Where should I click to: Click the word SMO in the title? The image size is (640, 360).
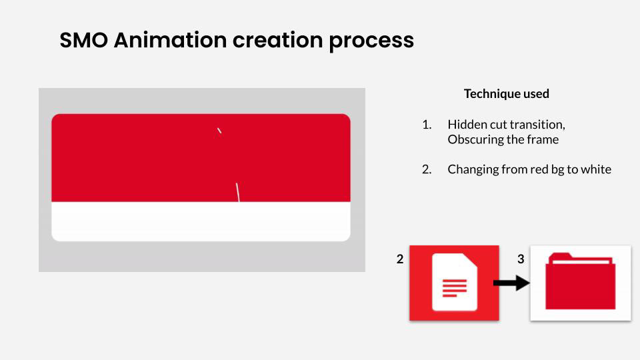(x=84, y=40)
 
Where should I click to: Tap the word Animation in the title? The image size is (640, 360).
(x=170, y=40)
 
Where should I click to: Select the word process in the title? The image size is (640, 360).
(x=371, y=41)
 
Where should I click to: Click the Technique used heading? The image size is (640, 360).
(x=507, y=94)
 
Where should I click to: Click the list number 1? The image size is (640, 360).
(x=427, y=125)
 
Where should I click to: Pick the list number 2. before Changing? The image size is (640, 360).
(x=427, y=169)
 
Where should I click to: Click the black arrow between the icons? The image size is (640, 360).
(x=511, y=283)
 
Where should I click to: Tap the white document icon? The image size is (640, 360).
(x=455, y=282)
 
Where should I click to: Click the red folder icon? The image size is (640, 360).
(x=581, y=281)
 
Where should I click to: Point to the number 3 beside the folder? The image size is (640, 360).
(x=521, y=259)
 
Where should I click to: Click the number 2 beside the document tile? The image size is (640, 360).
(x=400, y=259)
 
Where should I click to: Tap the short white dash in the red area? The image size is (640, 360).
(x=219, y=131)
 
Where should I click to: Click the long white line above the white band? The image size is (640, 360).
(x=237, y=192)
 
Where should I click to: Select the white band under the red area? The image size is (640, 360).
(x=201, y=221)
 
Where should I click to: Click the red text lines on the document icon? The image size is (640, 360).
(x=454, y=288)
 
